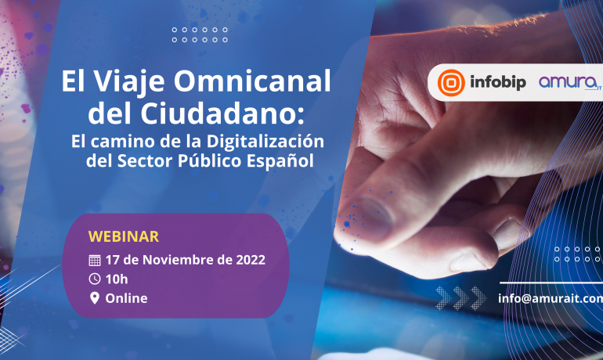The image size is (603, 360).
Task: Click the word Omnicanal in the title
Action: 252,81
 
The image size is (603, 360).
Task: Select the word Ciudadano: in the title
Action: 222,113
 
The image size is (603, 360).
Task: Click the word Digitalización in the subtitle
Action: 265,142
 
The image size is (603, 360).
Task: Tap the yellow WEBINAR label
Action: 124,236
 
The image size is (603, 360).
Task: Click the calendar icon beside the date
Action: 95,261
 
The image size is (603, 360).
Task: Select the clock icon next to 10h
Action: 95,279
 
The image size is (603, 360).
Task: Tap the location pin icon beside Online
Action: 95,298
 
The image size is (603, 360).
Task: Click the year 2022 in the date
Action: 251,260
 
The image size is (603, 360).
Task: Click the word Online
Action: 127,298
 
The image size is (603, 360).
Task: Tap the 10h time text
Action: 117,279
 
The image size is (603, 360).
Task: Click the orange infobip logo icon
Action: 451,83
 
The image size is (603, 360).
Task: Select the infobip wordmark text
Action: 498,82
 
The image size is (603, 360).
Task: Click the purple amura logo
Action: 570,82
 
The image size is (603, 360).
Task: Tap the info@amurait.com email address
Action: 551,298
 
